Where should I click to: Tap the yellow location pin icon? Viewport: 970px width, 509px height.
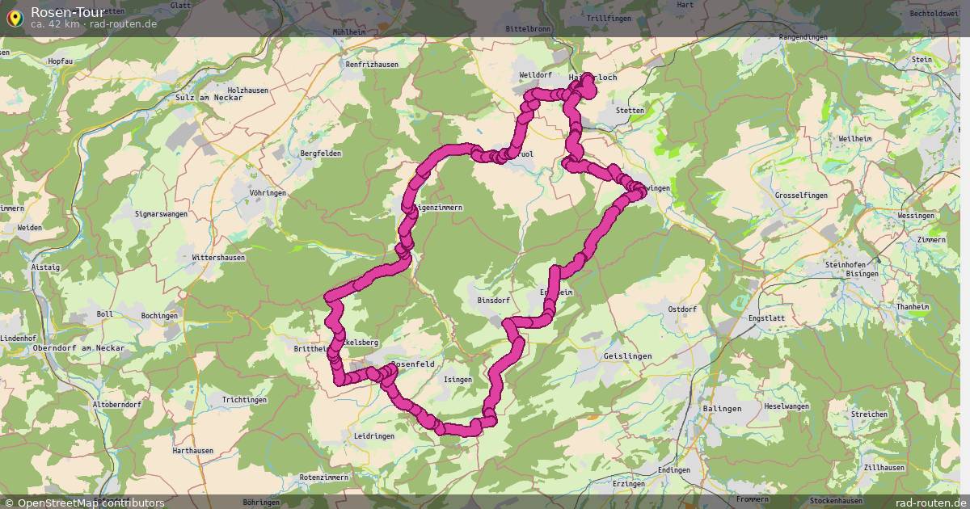coord(15,17)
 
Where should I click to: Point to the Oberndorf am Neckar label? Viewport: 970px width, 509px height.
coord(79,347)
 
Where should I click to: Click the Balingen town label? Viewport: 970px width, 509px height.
coord(722,408)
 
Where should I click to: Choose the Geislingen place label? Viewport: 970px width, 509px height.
coord(627,355)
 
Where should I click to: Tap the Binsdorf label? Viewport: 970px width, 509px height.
coord(495,300)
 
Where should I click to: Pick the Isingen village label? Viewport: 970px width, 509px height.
coord(458,379)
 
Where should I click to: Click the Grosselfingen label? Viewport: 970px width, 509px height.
coord(803,196)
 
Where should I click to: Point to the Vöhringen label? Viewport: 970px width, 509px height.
coord(268,193)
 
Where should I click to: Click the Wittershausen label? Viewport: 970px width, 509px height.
coord(218,258)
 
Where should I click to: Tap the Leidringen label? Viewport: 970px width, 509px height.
coord(373,435)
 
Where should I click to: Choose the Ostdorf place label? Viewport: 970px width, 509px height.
coord(682,309)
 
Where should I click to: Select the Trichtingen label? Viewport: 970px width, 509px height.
coord(244,400)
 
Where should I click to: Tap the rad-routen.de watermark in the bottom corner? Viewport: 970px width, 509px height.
coord(930,503)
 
